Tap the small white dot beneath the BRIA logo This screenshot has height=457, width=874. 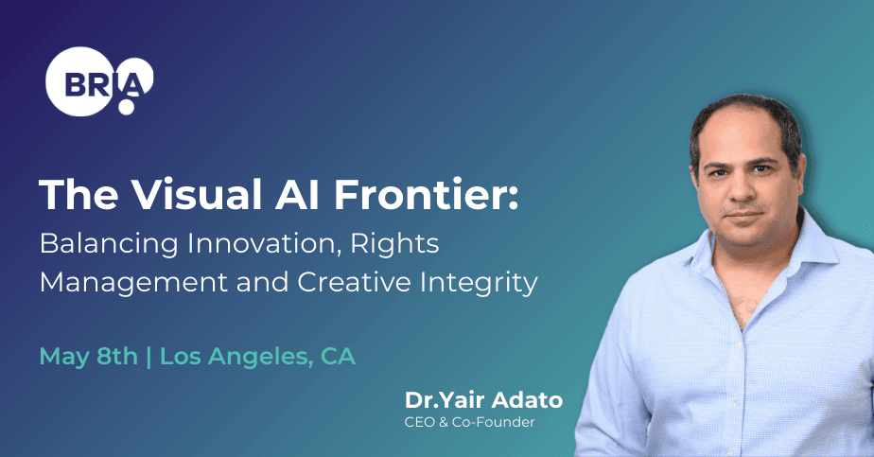click(x=126, y=108)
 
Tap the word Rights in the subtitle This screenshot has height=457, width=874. click(x=395, y=244)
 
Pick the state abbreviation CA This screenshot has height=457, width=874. click(x=338, y=358)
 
